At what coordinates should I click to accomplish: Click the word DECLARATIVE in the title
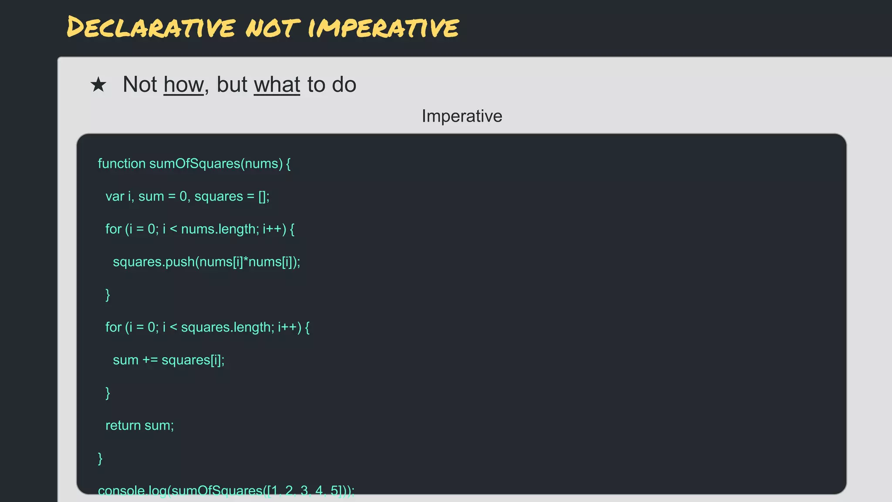[x=151, y=27]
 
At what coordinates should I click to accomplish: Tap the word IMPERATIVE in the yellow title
[x=383, y=27]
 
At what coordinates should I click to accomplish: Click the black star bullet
[x=98, y=85]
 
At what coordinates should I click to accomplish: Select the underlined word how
[x=183, y=85]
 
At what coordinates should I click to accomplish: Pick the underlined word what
[x=277, y=85]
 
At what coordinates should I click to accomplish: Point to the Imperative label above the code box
[x=462, y=116]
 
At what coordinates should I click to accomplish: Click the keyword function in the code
[x=122, y=163]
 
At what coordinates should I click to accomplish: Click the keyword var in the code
[x=115, y=196]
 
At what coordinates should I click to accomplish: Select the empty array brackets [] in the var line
[x=263, y=196]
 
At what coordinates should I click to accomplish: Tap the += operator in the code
[x=150, y=360]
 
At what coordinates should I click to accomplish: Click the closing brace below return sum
[x=100, y=458]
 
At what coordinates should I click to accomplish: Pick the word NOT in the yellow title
[x=272, y=27]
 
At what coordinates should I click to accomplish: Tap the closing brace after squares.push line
[x=108, y=295]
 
